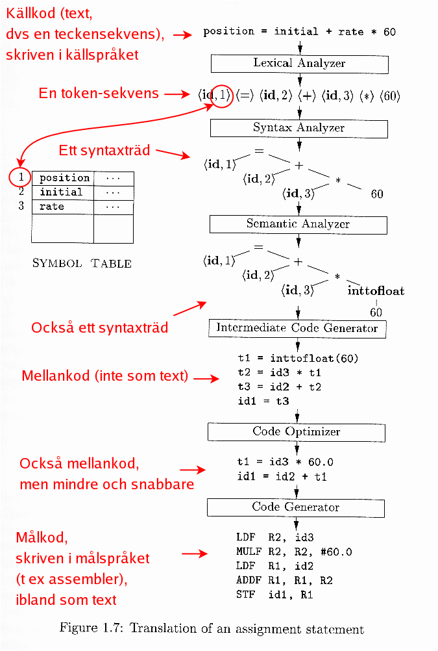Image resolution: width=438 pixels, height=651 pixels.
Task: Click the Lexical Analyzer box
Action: click(299, 64)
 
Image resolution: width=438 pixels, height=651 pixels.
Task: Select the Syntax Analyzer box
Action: click(298, 127)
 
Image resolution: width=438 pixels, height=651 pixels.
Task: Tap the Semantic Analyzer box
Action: click(298, 224)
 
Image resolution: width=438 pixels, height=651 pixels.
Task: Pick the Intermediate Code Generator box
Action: click(297, 328)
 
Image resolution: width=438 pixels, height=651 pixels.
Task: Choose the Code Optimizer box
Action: click(297, 432)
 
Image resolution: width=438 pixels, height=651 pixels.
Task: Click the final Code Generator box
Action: click(296, 507)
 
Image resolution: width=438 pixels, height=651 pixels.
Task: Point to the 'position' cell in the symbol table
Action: click(64, 178)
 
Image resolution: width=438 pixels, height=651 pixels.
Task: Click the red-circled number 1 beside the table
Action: click(21, 177)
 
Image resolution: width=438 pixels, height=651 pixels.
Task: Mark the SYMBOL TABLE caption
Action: click(82, 263)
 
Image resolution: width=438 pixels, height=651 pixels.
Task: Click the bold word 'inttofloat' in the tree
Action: click(376, 291)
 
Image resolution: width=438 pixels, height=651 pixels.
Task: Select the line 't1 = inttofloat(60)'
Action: click(298, 358)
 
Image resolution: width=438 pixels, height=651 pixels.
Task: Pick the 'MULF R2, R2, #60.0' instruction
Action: click(294, 552)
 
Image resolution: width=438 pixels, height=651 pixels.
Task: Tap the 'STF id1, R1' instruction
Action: click(275, 594)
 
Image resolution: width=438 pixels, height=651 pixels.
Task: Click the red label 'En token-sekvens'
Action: click(99, 93)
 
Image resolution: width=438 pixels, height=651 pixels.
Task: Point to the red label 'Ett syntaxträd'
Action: click(104, 151)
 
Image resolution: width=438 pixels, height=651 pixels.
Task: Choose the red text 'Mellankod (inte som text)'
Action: click(105, 376)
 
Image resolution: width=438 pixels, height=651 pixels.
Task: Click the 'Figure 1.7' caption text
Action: click(212, 629)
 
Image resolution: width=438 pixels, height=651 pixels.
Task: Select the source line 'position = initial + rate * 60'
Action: click(299, 31)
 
